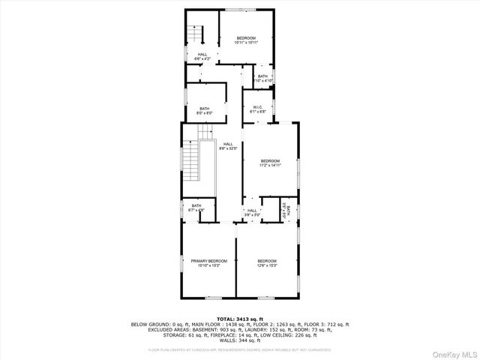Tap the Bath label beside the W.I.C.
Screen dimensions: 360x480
(x=262, y=78)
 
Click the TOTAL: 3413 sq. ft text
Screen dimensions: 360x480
(x=240, y=319)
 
